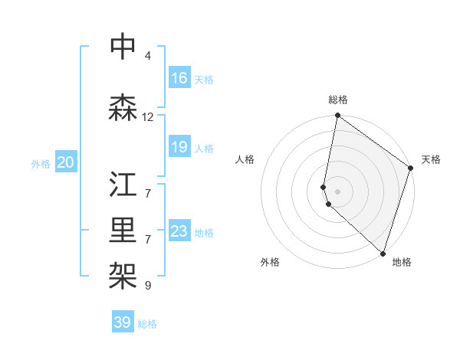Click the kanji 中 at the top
pos(123,47)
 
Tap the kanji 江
pos(123,185)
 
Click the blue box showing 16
pos(179,78)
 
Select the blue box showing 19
pos(179,147)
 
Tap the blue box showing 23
pos(179,231)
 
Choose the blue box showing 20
pos(66,162)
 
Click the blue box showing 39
pos(123,322)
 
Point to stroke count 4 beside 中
pos(148,56)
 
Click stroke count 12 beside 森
pos(148,117)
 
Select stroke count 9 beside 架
pos(148,286)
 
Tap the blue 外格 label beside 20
pos(41,163)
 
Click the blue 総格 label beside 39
pos(148,324)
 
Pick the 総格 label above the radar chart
pos(337,100)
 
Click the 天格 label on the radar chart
pos(431,159)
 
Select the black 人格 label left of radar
pos(245,159)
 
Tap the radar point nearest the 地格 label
pos(383,253)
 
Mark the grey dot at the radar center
pos(337,191)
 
